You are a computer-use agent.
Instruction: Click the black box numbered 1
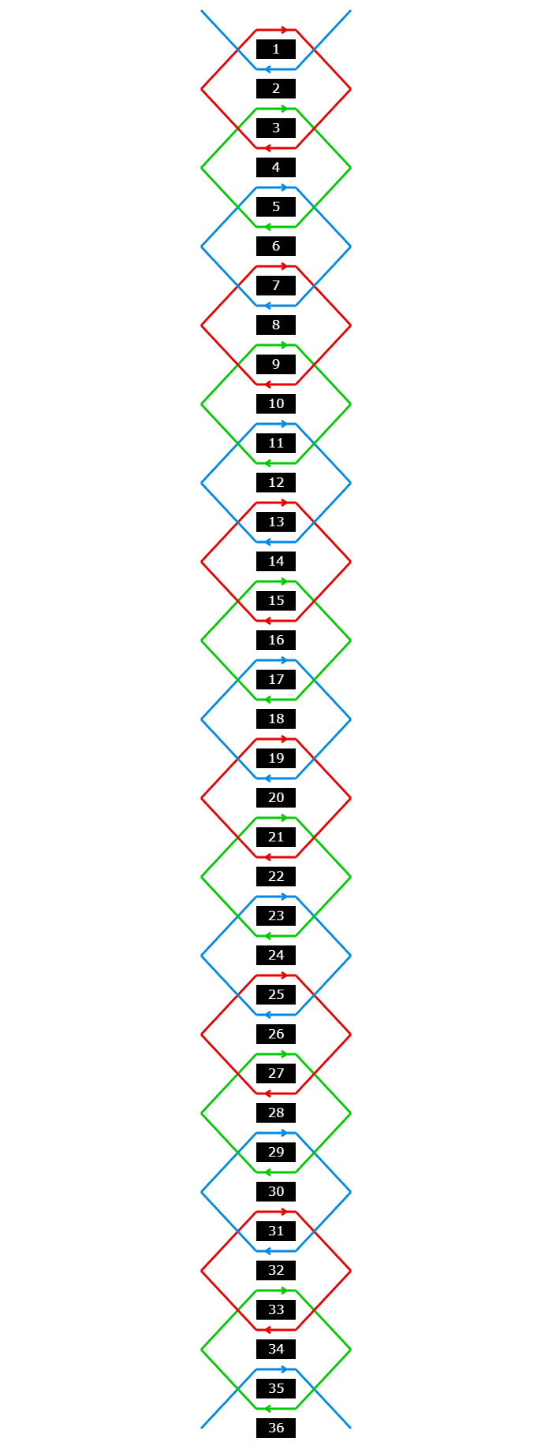point(276,50)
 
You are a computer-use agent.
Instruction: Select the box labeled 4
point(276,168)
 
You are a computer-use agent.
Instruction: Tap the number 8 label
point(276,325)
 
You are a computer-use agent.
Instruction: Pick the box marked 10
point(276,404)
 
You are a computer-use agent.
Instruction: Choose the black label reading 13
point(276,522)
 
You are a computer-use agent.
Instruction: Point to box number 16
point(276,641)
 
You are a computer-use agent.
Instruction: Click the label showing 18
point(276,719)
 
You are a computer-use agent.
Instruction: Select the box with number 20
point(276,798)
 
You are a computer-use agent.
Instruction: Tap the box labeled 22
point(276,877)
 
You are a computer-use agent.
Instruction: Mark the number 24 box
point(276,956)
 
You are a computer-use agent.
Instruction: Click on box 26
point(276,1034)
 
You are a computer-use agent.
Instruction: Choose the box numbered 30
point(276,1192)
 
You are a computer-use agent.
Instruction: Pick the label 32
point(276,1271)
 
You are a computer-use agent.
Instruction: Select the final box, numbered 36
point(276,1428)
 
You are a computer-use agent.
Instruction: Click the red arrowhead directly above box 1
point(285,30)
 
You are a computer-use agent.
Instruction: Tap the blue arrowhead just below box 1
point(267,69)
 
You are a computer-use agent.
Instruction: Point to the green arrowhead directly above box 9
point(285,345)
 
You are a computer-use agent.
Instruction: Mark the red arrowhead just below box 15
point(267,621)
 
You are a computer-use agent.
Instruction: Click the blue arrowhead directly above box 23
point(285,897)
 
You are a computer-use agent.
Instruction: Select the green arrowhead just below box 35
point(267,1409)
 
